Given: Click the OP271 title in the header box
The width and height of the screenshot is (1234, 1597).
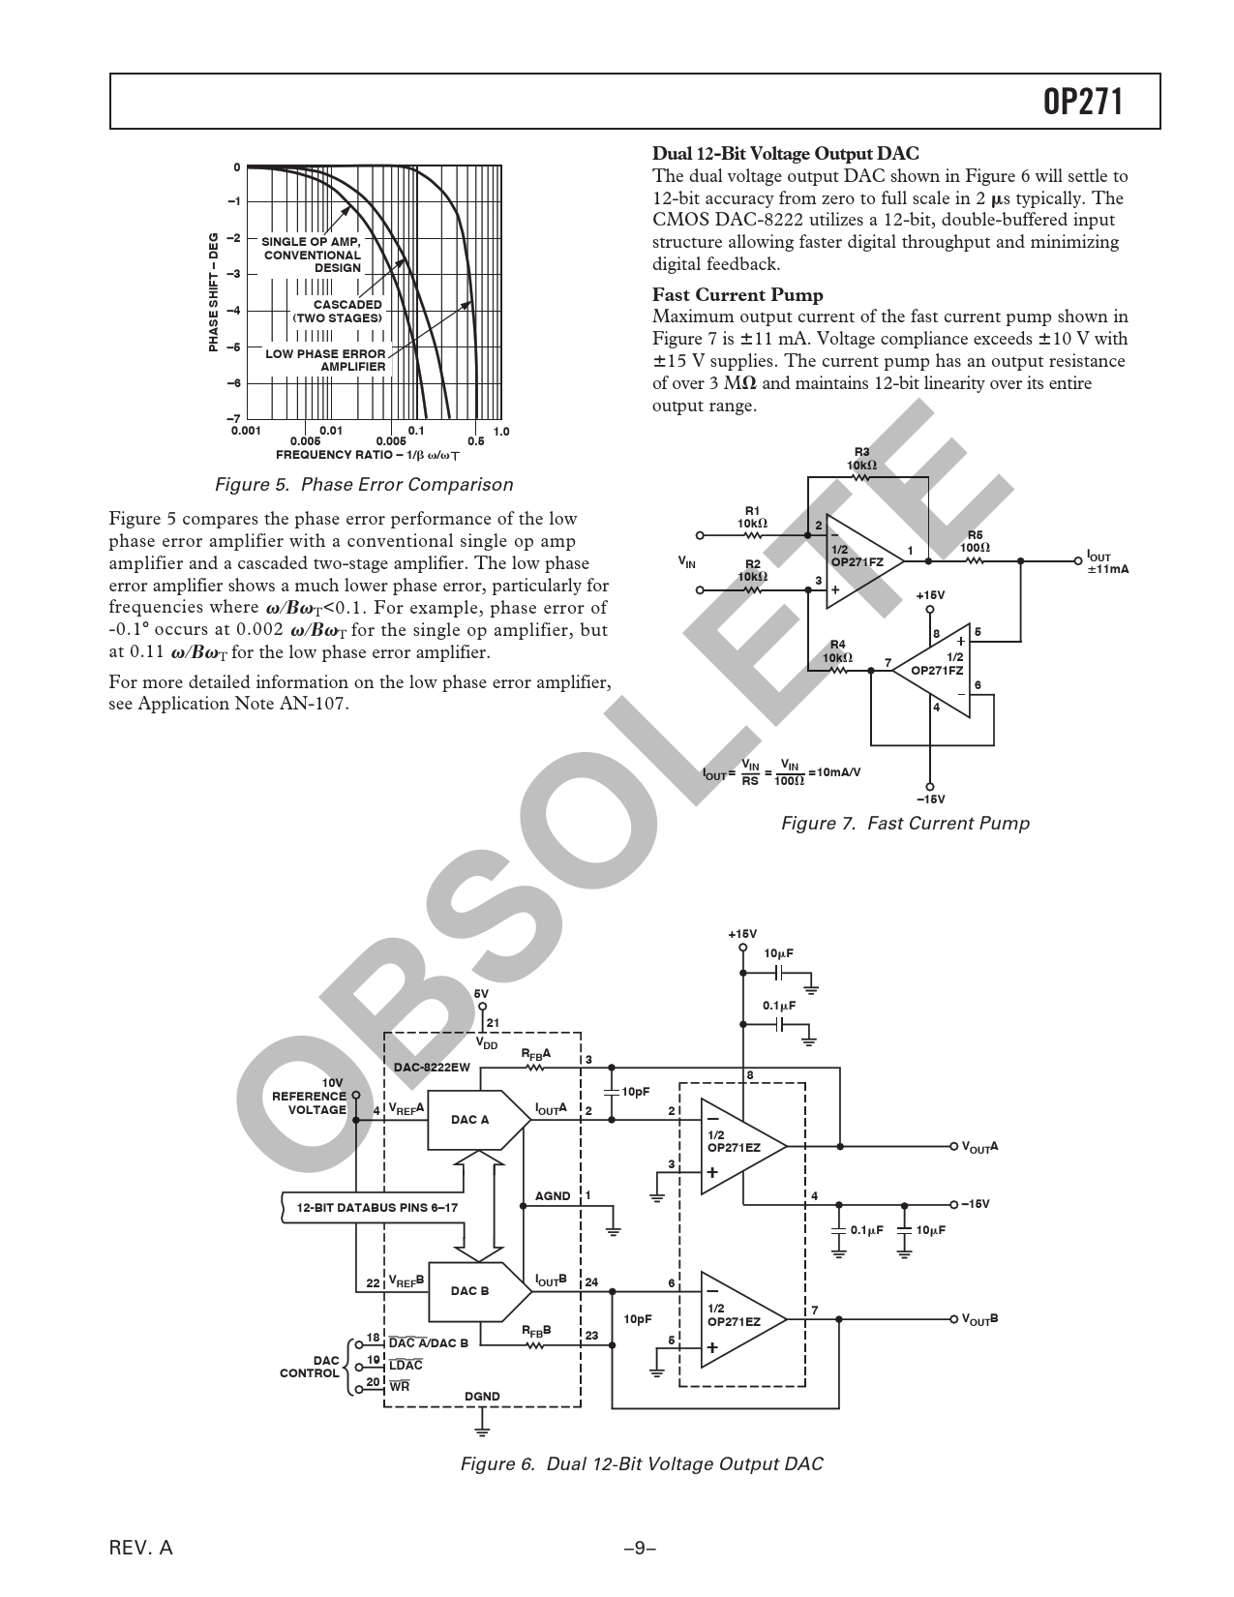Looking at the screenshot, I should pos(1083,102).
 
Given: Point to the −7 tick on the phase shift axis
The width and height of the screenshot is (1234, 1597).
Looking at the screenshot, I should pos(235,418).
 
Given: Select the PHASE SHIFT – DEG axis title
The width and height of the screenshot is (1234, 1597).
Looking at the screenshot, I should pos(214,292).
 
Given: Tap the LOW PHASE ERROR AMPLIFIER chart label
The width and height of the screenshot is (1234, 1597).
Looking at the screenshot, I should pos(325,360).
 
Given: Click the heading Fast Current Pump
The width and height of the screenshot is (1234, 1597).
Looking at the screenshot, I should pos(737,295).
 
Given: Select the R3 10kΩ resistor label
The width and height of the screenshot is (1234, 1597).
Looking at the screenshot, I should pos(861,459).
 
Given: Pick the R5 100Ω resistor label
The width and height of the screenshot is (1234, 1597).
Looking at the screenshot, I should pos(974,541).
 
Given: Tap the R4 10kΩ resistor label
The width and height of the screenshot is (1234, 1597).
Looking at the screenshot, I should pos(837,651).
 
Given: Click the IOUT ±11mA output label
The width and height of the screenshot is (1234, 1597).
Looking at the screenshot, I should pos(1107,562).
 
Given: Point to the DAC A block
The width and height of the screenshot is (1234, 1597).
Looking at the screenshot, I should pos(470,1120).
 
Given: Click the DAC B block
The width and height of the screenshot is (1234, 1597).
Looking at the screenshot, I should pos(470,1290).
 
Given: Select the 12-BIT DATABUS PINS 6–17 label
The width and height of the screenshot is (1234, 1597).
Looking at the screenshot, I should pos(377,1207).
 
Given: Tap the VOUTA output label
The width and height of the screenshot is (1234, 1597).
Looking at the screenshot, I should pos(979,1147).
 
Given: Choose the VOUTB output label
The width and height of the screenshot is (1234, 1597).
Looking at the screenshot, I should pos(979,1319).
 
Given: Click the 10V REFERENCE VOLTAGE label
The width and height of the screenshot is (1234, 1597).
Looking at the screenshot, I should pos(309,1096).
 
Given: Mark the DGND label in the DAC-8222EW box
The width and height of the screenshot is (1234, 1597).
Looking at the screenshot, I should pos(482,1396).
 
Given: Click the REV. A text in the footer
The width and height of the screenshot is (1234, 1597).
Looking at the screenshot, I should pos(141,1548).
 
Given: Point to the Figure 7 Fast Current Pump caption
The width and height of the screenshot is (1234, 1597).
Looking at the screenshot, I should pos(905,824).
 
